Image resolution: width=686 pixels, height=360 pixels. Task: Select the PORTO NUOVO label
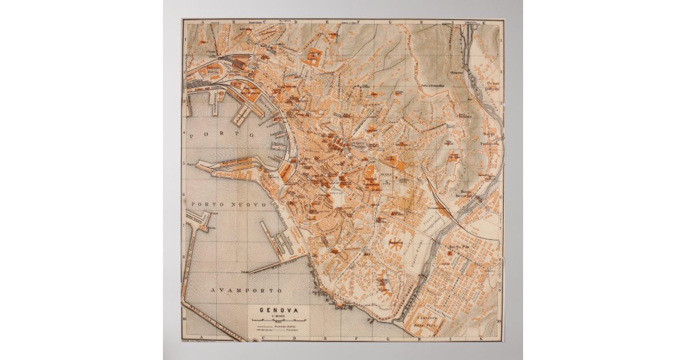click(229, 204)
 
